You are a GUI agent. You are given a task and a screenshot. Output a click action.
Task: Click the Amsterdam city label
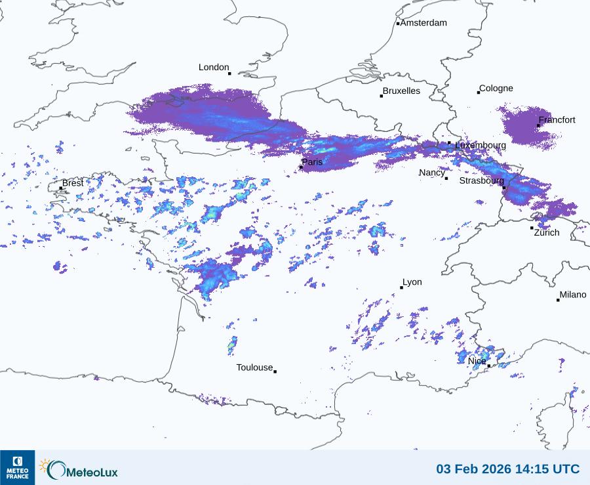coord(423,23)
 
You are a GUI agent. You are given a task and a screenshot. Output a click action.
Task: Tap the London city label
coord(214,68)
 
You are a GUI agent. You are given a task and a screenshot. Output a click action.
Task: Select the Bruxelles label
coord(401,91)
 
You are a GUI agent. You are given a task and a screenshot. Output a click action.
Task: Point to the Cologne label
coord(496,89)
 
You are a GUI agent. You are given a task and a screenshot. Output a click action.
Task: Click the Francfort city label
coord(557,120)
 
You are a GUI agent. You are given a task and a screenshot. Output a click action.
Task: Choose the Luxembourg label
coord(480,145)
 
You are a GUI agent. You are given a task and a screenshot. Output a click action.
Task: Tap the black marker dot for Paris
coord(301,167)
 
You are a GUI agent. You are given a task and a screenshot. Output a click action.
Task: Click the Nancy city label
coord(432,173)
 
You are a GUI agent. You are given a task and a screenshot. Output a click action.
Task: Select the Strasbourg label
coord(481,180)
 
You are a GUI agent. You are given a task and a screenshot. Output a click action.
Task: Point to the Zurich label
coord(547,232)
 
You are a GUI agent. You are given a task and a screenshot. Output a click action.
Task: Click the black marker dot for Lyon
coord(402,287)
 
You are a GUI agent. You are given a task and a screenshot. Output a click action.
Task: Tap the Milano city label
coord(573,295)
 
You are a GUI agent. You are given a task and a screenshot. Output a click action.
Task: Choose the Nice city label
coord(477,361)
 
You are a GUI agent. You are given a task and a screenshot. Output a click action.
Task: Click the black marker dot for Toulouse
coord(275,371)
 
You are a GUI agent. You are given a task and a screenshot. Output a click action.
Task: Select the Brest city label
coord(73,183)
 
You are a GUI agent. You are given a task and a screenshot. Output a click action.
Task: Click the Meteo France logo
coord(17,467)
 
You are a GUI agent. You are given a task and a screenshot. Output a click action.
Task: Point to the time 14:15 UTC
coord(549,469)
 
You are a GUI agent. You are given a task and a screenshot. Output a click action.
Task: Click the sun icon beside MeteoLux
coord(45,465)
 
